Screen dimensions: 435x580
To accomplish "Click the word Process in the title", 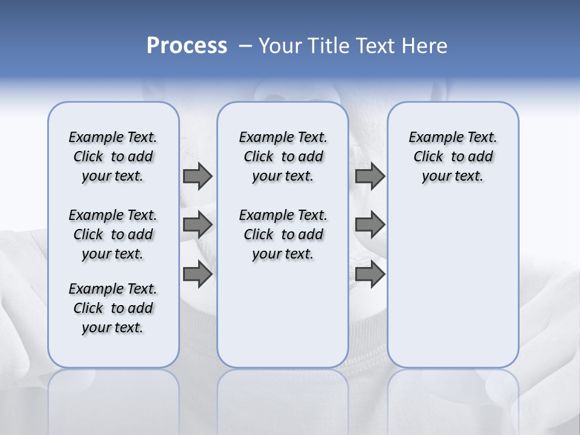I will coord(187,46).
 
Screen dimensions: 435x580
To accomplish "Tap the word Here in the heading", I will coord(425,46).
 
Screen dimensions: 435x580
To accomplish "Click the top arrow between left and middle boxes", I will coord(198,176).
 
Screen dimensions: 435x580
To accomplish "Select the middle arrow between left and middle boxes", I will coord(198,225).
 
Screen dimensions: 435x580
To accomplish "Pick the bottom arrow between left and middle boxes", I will coord(198,274).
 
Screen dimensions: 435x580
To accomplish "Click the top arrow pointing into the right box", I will coord(370,176).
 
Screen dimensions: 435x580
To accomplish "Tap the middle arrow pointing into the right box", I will coord(370,225).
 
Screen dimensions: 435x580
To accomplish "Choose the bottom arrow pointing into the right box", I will coord(370,274).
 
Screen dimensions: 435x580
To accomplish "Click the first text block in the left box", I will coord(113,156).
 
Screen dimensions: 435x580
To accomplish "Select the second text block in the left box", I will coord(113,234).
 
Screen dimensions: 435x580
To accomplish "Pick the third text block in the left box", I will coord(113,308).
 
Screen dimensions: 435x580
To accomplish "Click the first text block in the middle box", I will coord(283,156).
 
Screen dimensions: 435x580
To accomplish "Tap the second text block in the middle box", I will coord(283,234).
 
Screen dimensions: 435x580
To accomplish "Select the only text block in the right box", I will coord(453,156).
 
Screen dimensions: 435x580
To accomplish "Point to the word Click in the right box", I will coord(428,157).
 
